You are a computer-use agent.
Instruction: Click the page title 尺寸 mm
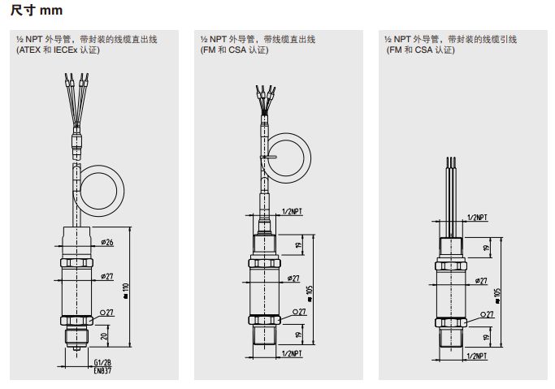click(37, 11)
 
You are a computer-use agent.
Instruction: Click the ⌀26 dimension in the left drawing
click(106, 242)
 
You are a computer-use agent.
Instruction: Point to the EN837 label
click(101, 370)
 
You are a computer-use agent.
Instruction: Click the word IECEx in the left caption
click(67, 50)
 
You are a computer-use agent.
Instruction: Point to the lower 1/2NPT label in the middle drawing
click(292, 354)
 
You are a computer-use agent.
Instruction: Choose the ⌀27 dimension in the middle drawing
click(291, 278)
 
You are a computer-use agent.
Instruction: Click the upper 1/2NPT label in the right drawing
click(478, 218)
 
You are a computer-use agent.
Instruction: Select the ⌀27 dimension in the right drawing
click(480, 281)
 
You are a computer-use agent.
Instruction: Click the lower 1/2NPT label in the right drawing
click(478, 356)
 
